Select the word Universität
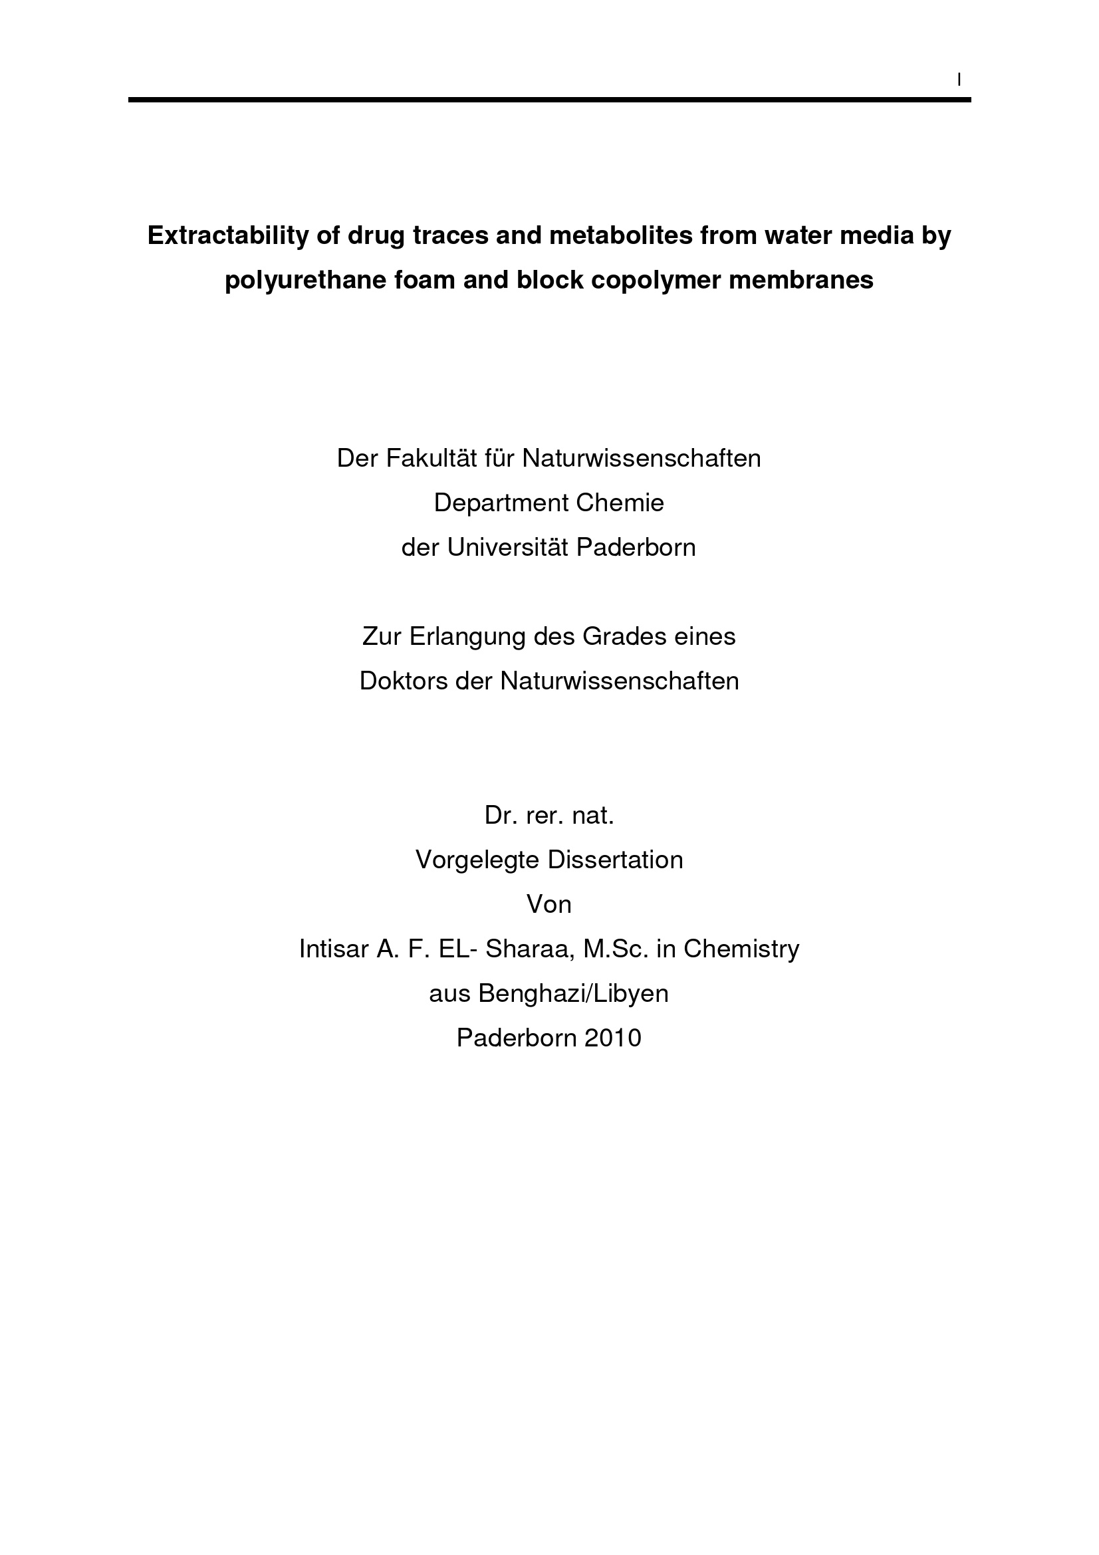tap(508, 547)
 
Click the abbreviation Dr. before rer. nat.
tap(498, 816)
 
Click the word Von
tap(549, 904)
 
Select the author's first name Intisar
tap(333, 949)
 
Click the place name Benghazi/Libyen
tap(574, 993)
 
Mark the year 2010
tap(613, 1038)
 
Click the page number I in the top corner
tap(959, 80)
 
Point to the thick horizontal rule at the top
tap(549, 100)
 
